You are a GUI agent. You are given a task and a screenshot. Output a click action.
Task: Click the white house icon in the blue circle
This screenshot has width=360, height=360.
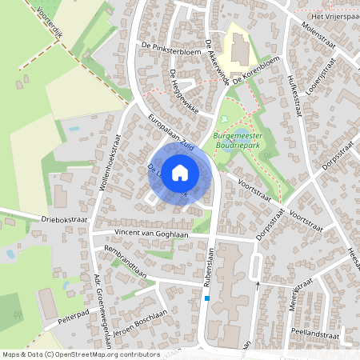180,172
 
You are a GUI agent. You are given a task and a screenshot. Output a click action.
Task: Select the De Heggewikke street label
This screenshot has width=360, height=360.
183,90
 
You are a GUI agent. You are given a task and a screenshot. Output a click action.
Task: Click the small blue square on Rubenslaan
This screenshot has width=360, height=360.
207,299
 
